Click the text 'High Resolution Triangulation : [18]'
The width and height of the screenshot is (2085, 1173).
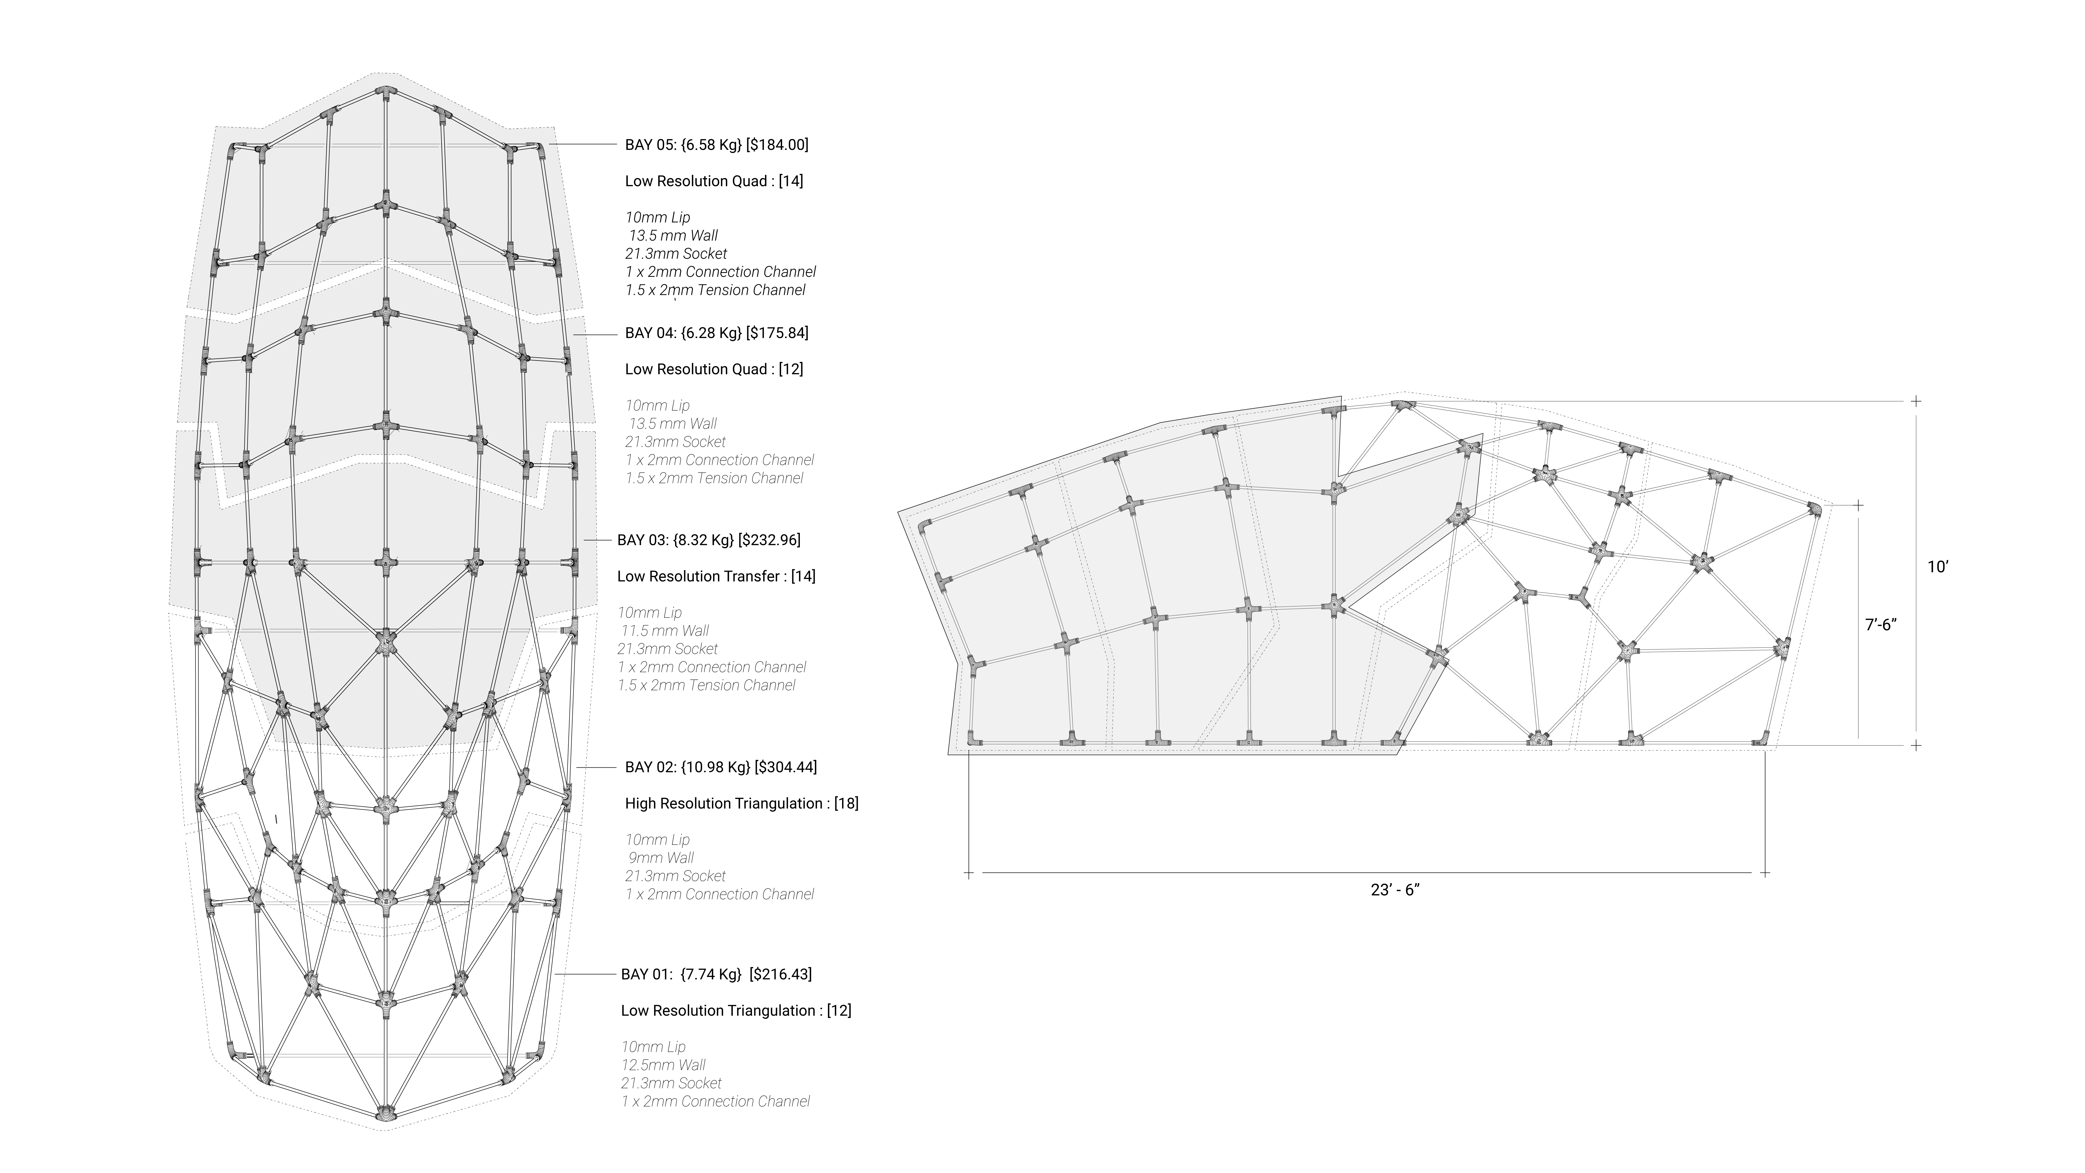741,803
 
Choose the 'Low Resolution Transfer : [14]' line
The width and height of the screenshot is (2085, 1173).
716,576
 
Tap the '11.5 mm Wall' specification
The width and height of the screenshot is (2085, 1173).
665,631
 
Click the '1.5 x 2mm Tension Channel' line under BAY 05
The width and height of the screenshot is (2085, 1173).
715,290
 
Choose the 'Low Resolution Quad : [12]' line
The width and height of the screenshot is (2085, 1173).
714,369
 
